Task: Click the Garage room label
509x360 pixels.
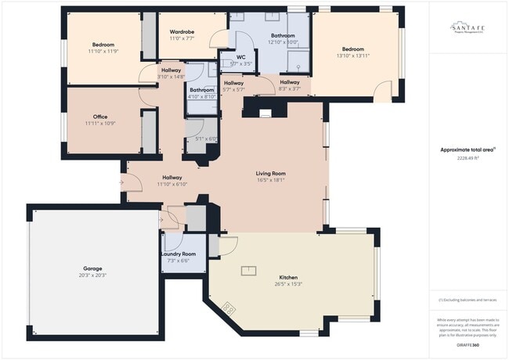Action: coord(93,268)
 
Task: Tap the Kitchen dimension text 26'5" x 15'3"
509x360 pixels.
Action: coord(289,284)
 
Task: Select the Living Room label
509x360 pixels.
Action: coord(270,173)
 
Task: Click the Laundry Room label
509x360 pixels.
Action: coord(179,254)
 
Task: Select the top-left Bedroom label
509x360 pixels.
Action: coord(103,45)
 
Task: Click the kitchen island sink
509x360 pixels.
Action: coord(248,272)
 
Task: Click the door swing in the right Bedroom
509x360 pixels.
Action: coord(382,92)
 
